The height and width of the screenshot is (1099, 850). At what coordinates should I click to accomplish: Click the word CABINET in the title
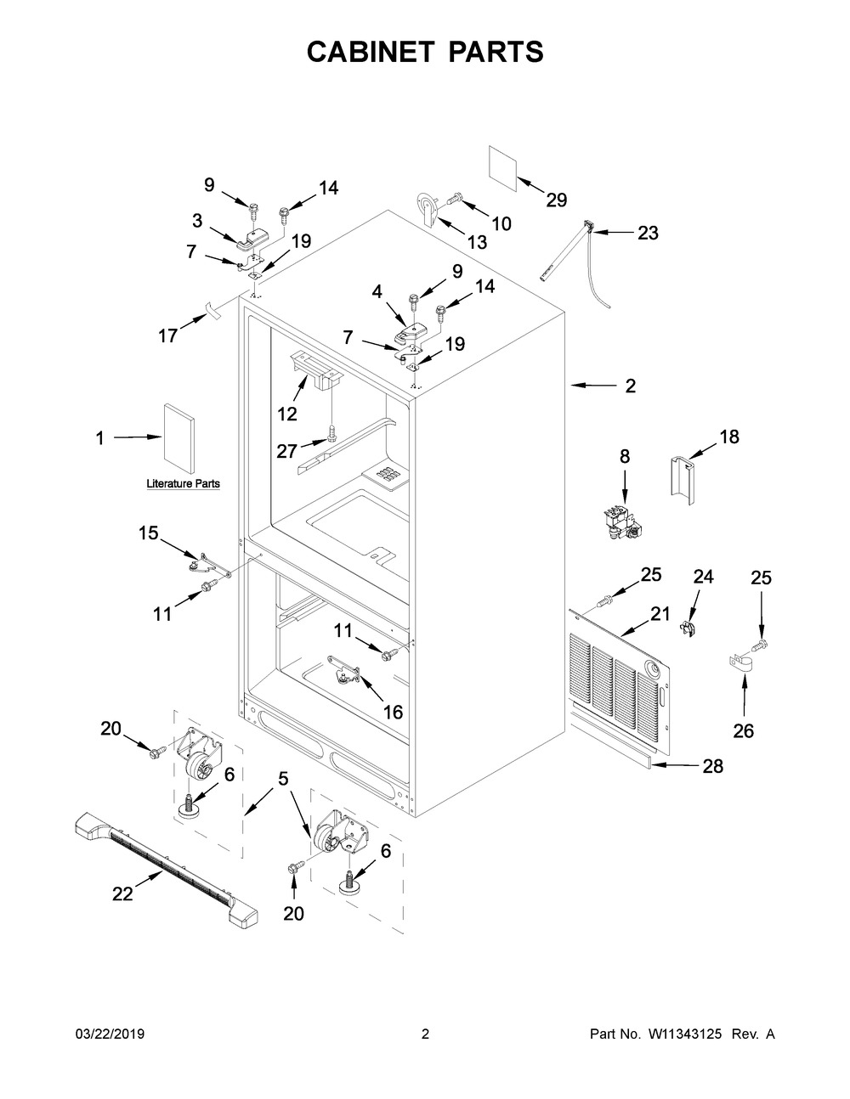[x=371, y=52]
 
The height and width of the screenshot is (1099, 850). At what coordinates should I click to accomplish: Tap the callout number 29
[x=557, y=200]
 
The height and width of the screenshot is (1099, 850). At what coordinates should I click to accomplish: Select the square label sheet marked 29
[x=503, y=169]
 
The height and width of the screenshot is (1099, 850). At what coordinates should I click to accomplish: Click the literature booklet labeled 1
[x=178, y=439]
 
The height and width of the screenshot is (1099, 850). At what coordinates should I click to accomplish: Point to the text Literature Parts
[x=183, y=483]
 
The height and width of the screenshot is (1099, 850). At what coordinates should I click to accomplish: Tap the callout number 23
[x=648, y=233]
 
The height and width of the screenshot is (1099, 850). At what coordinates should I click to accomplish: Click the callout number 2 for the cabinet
[x=630, y=386]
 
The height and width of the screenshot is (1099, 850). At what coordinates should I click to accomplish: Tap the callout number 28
[x=713, y=766]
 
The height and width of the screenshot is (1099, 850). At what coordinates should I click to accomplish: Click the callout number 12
[x=287, y=414]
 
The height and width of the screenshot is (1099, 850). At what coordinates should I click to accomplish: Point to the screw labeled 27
[x=331, y=432]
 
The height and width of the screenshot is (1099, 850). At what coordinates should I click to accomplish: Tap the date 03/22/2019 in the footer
[x=110, y=1034]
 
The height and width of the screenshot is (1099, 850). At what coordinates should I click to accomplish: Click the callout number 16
[x=393, y=712]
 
